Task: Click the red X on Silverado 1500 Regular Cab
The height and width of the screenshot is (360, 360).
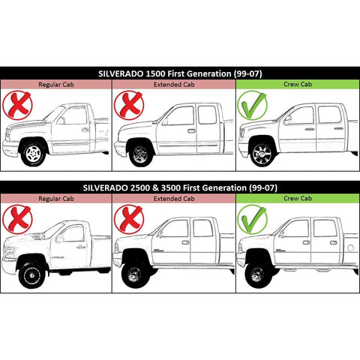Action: pos(17,105)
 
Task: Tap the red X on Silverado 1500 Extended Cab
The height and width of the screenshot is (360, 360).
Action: pos(129,105)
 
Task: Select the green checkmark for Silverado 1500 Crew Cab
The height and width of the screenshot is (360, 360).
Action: pos(253,105)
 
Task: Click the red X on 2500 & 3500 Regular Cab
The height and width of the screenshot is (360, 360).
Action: pos(17,220)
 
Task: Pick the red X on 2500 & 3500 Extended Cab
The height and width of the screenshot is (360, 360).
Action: pos(129,220)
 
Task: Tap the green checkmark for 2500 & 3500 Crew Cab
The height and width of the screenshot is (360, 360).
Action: pos(253,220)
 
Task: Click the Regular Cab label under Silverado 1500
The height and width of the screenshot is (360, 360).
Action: pos(56,85)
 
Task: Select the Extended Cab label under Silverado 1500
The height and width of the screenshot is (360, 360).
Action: pos(174,85)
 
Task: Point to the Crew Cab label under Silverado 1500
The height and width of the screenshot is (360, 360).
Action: pos(298,84)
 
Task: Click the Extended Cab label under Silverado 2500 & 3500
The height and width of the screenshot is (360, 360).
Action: pos(174,199)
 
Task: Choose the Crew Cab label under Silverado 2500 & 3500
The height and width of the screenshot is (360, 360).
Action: pos(298,199)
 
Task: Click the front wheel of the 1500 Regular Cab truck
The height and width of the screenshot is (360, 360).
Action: pos(33,153)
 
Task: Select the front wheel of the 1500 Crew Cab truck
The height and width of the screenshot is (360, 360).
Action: pos(262,153)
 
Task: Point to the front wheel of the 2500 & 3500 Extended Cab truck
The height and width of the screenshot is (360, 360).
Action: pos(134,274)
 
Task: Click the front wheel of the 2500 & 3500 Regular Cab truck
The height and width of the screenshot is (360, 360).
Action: pos(31,275)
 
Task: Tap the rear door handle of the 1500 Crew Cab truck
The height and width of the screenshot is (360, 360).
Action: pos(339,128)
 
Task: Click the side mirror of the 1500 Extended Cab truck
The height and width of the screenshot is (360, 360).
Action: pos(165,121)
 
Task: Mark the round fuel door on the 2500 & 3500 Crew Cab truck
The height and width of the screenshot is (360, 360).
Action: pos(351,248)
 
